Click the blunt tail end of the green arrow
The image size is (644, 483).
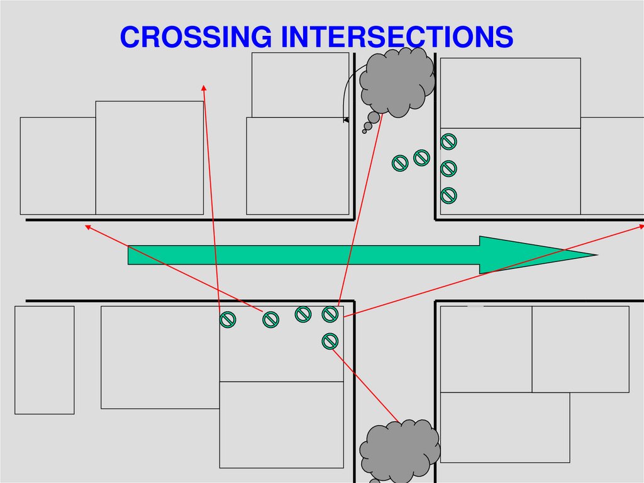130,255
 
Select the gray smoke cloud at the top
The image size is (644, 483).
397,82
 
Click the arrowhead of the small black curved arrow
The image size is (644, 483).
345,119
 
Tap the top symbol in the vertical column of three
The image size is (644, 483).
448,142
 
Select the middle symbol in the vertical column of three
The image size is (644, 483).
448,169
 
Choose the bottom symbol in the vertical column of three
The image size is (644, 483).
448,195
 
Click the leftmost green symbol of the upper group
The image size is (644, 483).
400,163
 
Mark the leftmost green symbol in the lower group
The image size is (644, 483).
228,320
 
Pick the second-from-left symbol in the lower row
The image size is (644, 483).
270,319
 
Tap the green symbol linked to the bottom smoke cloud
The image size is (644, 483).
330,341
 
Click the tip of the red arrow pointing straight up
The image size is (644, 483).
204,86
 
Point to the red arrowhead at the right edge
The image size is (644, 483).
640,225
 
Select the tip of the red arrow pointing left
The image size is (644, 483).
87,225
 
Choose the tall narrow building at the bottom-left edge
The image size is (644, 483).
45,360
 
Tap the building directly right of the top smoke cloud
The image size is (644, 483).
510,93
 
